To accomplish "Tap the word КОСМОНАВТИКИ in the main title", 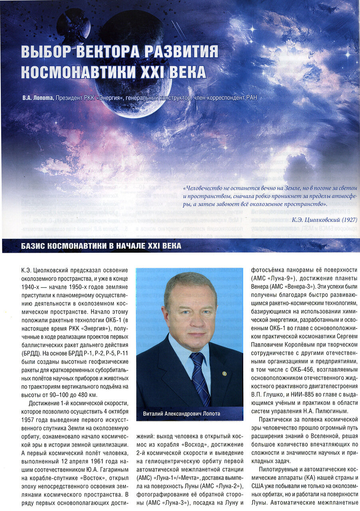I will tap(74, 72).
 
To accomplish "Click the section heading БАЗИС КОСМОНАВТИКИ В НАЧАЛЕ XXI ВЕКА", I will tap(101, 246).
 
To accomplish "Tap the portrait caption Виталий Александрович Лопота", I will tap(181, 414).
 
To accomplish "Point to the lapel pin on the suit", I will tap(225, 374).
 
